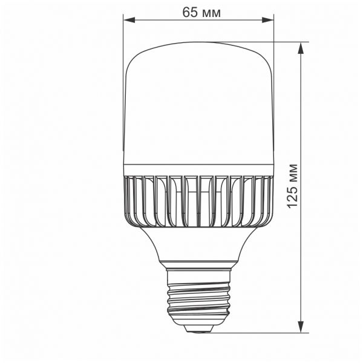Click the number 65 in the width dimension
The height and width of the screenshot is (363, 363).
[188, 12]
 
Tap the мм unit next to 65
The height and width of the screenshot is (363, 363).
[209, 12]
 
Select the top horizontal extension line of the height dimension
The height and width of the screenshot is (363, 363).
[284, 42]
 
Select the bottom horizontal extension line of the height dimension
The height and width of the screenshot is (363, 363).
[266, 332]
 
